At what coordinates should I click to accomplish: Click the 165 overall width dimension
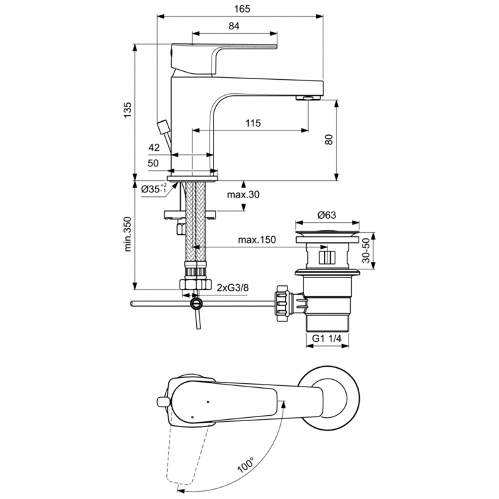(240, 9)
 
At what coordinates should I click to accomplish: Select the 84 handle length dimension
(234, 26)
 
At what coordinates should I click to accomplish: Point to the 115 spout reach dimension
(251, 124)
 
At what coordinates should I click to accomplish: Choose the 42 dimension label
(154, 148)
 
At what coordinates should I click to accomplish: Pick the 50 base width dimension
(154, 163)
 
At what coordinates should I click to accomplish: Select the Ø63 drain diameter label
(326, 215)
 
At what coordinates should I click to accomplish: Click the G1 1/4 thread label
(327, 339)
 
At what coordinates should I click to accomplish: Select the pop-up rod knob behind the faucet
(162, 127)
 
